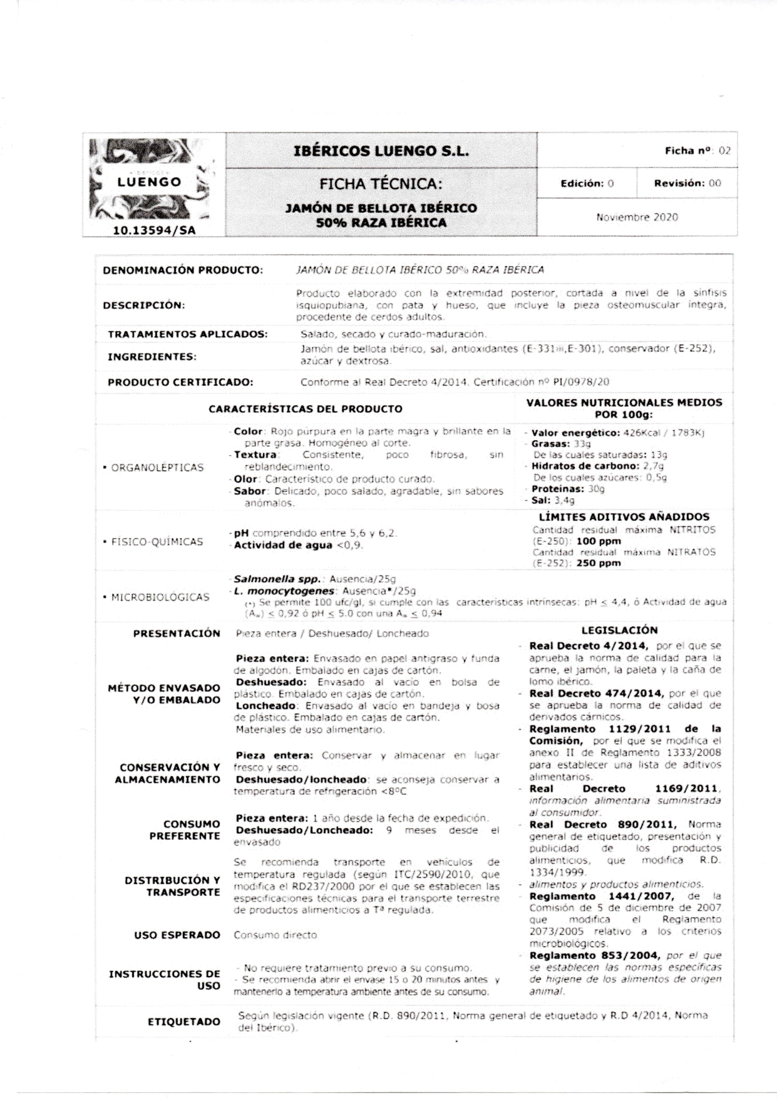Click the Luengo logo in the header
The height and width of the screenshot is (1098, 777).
pos(150,182)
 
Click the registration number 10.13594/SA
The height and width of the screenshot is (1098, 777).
pos(153,230)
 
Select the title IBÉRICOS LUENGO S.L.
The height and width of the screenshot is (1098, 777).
pos(381,151)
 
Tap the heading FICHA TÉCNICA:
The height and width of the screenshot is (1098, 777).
pos(381,184)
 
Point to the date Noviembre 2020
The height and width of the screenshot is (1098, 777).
pos(637,217)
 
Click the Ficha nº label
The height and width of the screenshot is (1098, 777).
pos(688,151)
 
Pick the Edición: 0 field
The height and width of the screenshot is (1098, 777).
pos(587,183)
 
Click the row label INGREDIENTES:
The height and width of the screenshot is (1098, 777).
pos(152,357)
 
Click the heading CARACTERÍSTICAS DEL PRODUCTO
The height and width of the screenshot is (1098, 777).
pos(306,409)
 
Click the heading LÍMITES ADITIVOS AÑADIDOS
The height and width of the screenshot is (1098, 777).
pos(624,517)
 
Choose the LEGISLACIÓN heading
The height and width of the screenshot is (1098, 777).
pos(619,630)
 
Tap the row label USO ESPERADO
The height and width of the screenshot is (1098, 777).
pos(177,935)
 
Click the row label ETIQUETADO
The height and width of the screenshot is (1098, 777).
pos(184,1022)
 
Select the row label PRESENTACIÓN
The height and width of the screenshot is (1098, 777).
pos(177,634)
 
